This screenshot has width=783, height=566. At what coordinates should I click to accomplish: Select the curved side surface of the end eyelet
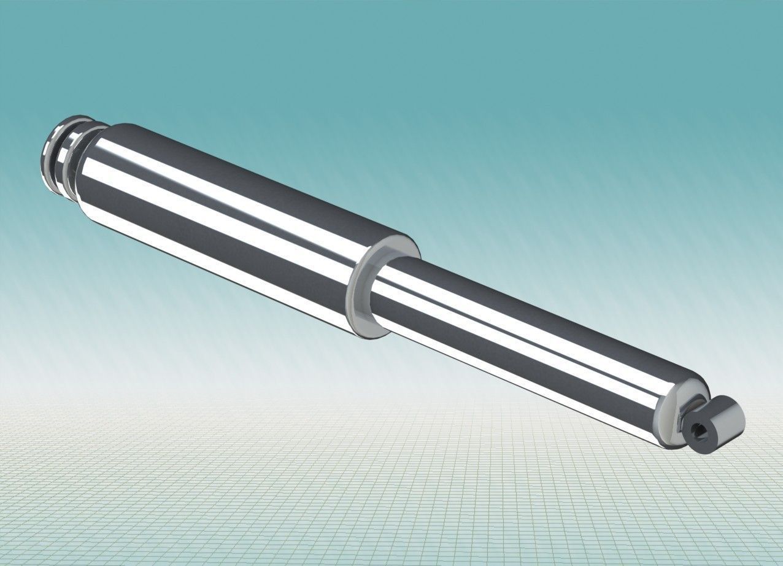click(x=727, y=411)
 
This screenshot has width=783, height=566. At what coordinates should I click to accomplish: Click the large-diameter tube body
click(x=233, y=221)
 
